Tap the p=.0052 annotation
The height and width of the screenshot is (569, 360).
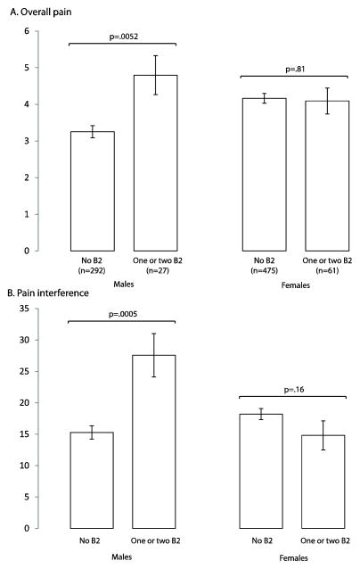tap(123, 37)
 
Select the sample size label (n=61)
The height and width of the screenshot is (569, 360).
tap(326, 272)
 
